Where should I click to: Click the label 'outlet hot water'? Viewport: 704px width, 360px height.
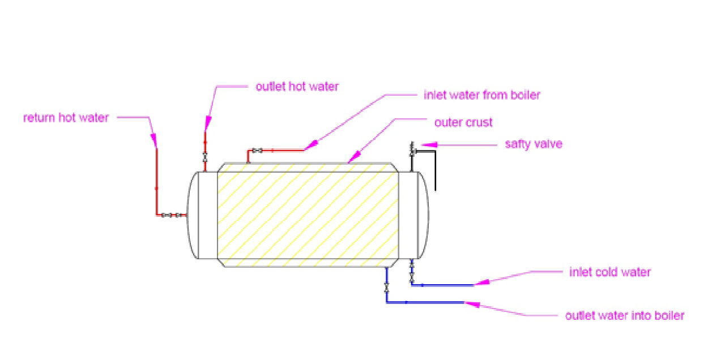pos(297,87)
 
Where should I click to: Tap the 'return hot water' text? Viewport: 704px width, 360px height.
pos(66,118)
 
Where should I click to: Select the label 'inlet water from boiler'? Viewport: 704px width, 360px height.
pos(481,95)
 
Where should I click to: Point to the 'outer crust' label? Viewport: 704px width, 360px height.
pos(463,122)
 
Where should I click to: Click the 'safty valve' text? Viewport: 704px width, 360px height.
pos(534,144)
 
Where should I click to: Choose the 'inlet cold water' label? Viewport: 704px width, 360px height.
pos(609,272)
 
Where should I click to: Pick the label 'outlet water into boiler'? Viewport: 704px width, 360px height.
pos(624,315)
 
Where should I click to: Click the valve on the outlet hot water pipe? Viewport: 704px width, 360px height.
pos(205,156)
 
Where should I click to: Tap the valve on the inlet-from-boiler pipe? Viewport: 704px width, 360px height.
pos(257,150)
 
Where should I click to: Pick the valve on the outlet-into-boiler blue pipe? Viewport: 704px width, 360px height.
pos(386,287)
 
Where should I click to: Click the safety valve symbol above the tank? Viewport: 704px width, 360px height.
pos(412,150)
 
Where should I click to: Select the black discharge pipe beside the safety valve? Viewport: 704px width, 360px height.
pos(434,170)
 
